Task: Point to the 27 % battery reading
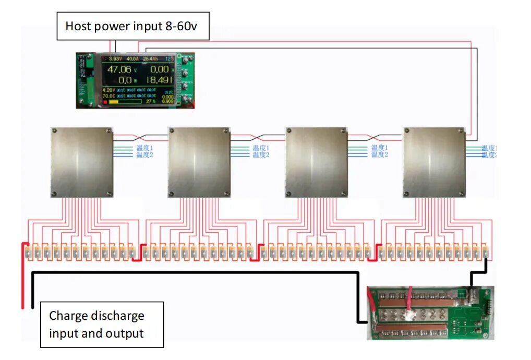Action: click(x=151, y=101)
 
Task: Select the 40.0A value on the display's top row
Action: click(x=132, y=58)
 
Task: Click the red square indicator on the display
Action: click(x=105, y=102)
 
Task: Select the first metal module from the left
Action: click(x=82, y=162)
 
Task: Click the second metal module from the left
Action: click(x=199, y=162)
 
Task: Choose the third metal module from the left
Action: click(x=317, y=162)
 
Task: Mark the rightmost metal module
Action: click(x=435, y=162)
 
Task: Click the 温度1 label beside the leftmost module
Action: click(x=144, y=148)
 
